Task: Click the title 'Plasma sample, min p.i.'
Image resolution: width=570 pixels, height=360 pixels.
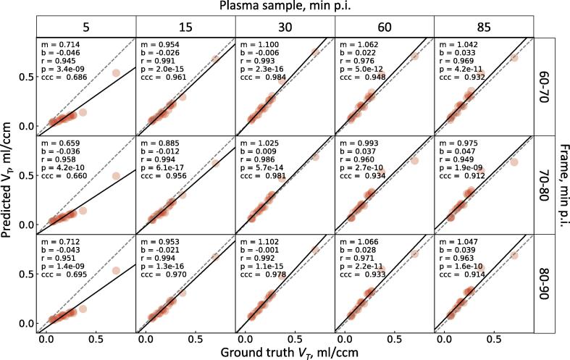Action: (285, 7)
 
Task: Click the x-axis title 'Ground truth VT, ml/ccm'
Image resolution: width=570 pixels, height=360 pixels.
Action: (285, 351)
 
